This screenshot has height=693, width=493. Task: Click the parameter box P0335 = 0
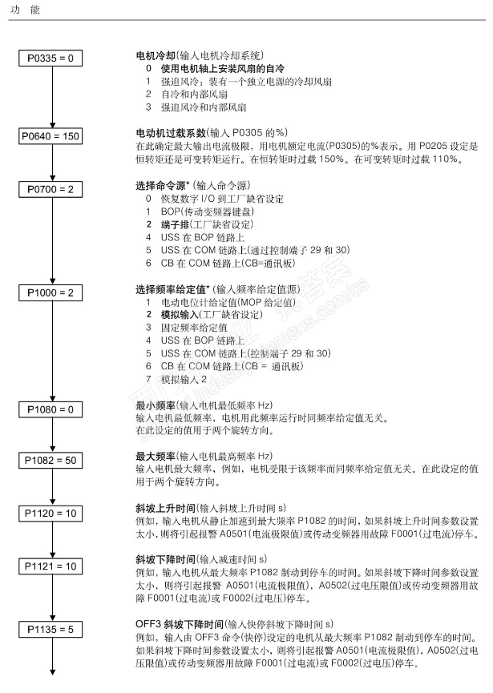(x=51, y=58)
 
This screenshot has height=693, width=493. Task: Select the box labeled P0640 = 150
(x=51, y=135)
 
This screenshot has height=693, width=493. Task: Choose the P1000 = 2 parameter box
(x=51, y=292)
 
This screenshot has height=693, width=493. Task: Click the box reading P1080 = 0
(x=51, y=409)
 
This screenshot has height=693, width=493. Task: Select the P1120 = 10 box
(x=51, y=512)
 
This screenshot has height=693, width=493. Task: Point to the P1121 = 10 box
(x=51, y=566)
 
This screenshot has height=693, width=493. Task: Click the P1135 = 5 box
(x=51, y=629)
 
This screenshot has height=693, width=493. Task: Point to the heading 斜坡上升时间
(x=166, y=507)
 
